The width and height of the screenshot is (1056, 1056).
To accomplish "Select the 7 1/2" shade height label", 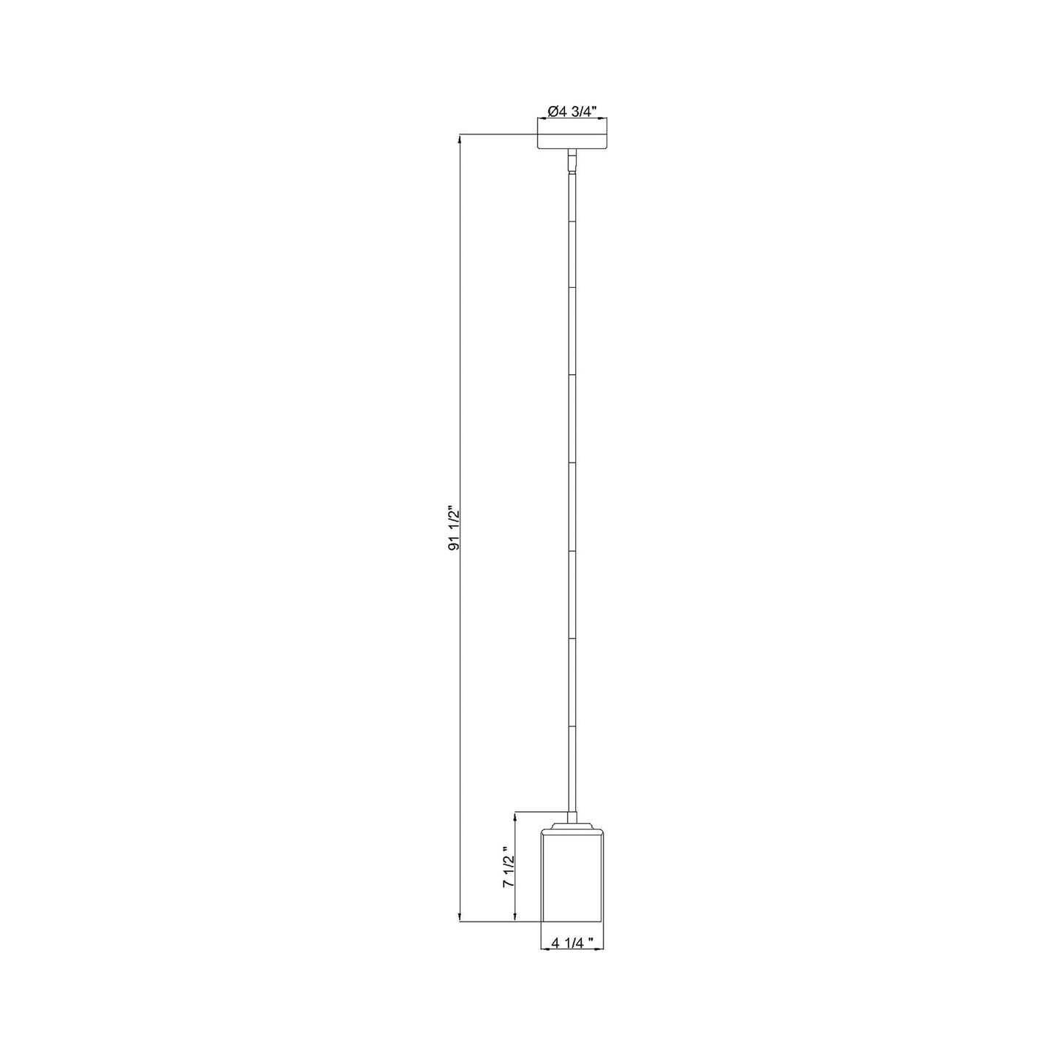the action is pos(509,878).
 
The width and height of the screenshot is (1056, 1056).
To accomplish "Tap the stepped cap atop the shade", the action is pos(572,840).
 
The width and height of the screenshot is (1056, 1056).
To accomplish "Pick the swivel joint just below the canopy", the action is pos(572,162).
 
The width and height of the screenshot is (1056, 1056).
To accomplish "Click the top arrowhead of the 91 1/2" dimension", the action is pos(459,138).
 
